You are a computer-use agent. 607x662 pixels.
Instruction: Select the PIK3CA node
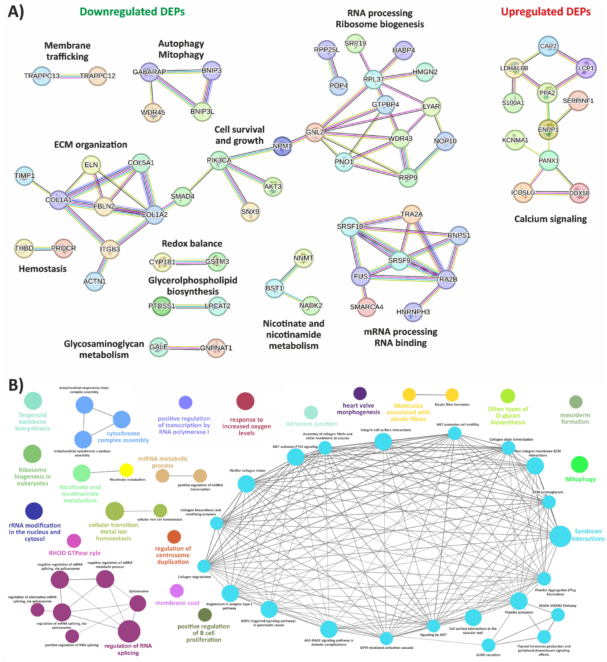point(219,160)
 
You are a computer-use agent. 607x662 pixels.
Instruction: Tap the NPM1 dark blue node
point(282,146)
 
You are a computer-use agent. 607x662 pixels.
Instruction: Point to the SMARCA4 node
point(366,307)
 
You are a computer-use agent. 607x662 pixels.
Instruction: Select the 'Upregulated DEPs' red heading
point(546,12)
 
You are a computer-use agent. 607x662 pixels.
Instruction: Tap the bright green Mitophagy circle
point(579,465)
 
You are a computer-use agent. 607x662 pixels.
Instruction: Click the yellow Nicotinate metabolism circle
point(127,470)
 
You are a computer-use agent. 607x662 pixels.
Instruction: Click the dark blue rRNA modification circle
point(34,511)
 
